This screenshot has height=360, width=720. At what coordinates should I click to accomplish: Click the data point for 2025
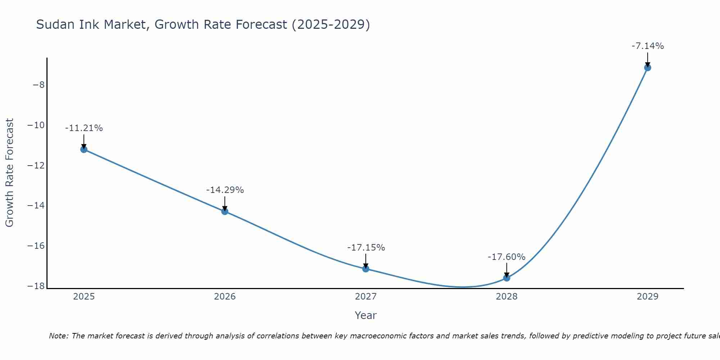pos(84,149)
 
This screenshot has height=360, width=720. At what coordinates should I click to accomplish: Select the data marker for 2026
pos(225,211)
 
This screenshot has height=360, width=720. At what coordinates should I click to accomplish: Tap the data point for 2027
pos(366,269)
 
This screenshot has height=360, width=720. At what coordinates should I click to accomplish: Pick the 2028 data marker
pos(507,278)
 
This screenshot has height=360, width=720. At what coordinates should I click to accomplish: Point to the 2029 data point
pos(648,68)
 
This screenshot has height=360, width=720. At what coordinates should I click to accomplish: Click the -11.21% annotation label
pos(84,128)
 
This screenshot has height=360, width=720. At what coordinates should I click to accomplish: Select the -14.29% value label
pos(225,190)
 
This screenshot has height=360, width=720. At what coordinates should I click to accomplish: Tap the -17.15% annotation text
pos(366,248)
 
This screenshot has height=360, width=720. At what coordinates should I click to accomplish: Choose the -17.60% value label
pos(507,257)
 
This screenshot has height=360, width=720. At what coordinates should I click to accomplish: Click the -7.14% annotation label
pos(648,46)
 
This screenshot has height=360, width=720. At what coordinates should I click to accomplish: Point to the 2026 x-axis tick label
pos(225,297)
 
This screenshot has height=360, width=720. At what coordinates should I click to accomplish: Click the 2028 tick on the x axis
pos(507,297)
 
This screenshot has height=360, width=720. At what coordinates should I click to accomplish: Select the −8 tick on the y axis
pos(39,85)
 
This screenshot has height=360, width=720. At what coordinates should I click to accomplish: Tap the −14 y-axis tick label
pos(36,206)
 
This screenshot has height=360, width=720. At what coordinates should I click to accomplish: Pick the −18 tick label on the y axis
pos(36,286)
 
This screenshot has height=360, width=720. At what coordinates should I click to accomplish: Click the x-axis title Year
pos(366,315)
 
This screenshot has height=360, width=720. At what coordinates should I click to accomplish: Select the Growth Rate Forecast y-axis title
pos(9,173)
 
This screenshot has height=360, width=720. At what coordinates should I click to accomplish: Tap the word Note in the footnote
pos(58,336)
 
